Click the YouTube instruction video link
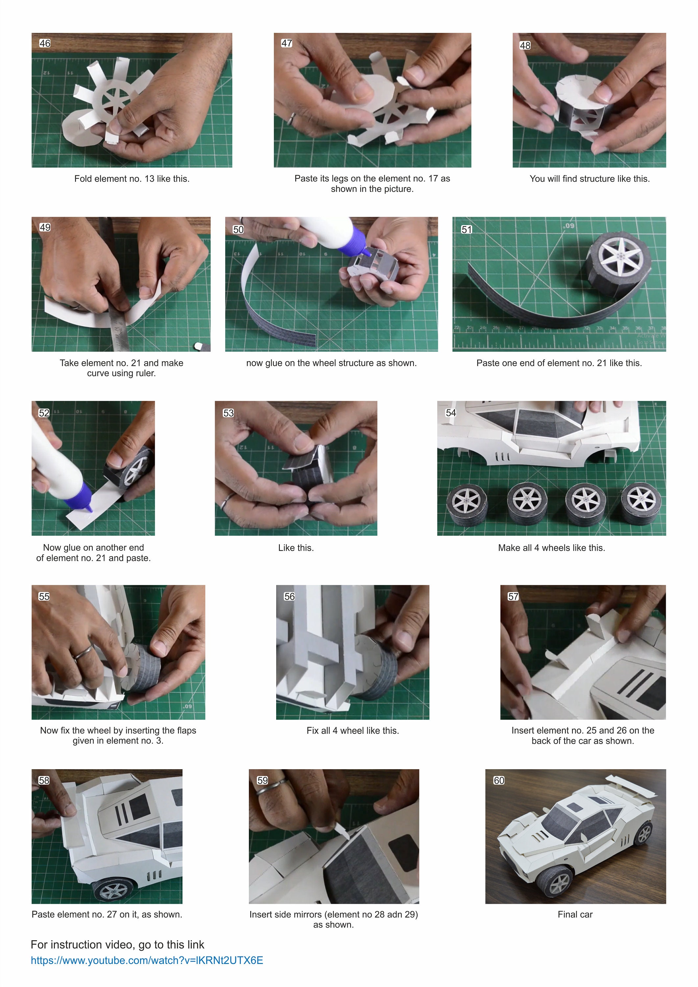(x=147, y=960)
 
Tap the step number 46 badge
(x=45, y=43)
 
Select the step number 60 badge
(x=498, y=780)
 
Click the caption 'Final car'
(x=575, y=914)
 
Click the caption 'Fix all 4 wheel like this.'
(x=352, y=730)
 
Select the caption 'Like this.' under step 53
(x=296, y=547)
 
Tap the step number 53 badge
(x=228, y=413)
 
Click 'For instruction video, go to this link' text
(x=117, y=945)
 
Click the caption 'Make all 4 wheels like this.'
(x=551, y=547)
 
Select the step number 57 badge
(x=513, y=596)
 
